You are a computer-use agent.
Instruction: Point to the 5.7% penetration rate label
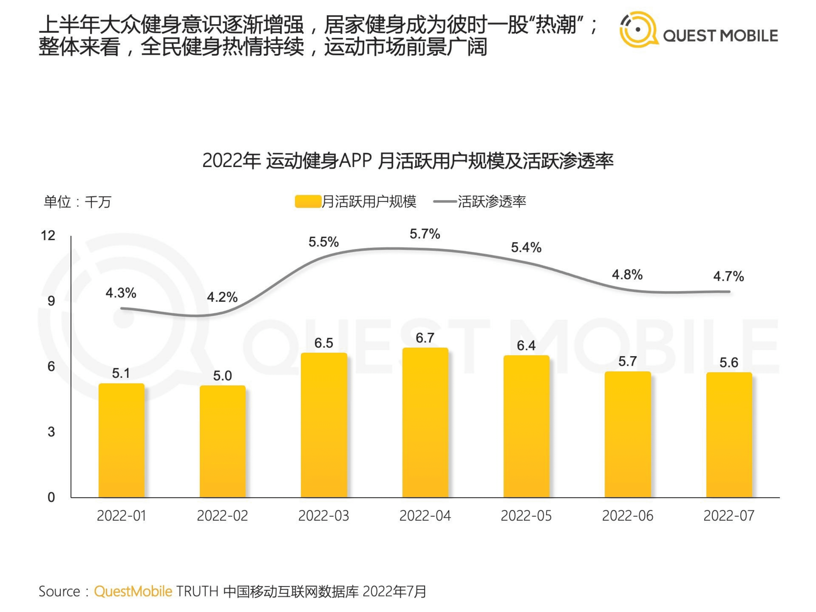click(x=425, y=234)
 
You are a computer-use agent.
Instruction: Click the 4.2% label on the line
click(x=222, y=297)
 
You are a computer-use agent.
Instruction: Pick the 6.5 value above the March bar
click(x=324, y=343)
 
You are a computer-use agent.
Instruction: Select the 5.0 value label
click(x=222, y=375)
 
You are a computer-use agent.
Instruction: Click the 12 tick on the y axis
click(x=48, y=235)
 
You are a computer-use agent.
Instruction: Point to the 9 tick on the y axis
click(x=51, y=301)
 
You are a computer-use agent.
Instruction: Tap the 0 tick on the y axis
click(x=51, y=497)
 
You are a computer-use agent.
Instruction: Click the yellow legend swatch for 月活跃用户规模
click(x=308, y=202)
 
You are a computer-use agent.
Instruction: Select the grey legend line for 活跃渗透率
click(x=445, y=201)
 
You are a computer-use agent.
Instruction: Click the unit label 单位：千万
click(x=78, y=202)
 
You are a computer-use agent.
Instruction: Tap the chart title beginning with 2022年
click(x=408, y=161)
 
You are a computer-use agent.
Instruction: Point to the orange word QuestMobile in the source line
click(x=133, y=591)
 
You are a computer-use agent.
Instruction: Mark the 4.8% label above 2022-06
click(x=627, y=275)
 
